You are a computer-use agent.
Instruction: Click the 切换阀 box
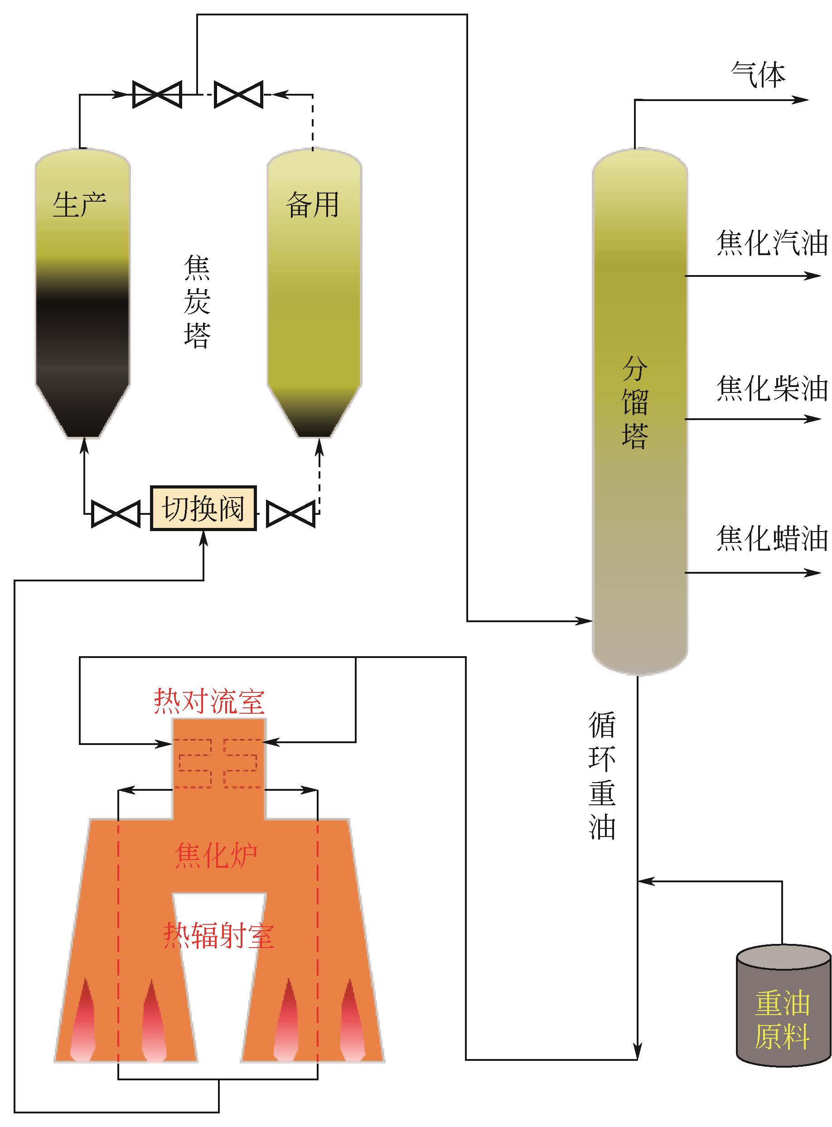pyautogui.click(x=203, y=508)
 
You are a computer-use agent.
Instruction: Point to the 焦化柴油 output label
pyautogui.click(x=772, y=388)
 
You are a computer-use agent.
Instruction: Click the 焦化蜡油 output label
pyautogui.click(x=772, y=538)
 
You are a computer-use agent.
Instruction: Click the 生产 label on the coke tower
pyautogui.click(x=80, y=204)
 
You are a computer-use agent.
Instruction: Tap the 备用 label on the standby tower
pyautogui.click(x=312, y=205)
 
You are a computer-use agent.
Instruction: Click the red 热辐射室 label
pyautogui.click(x=218, y=936)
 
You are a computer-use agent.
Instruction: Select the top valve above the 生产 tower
pyautogui.click(x=157, y=94)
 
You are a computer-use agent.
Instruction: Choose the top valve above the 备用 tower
pyautogui.click(x=238, y=94)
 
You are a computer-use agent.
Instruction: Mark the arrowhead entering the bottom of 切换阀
pyautogui.click(x=203, y=538)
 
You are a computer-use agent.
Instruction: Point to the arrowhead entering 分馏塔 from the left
pyautogui.click(x=586, y=621)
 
